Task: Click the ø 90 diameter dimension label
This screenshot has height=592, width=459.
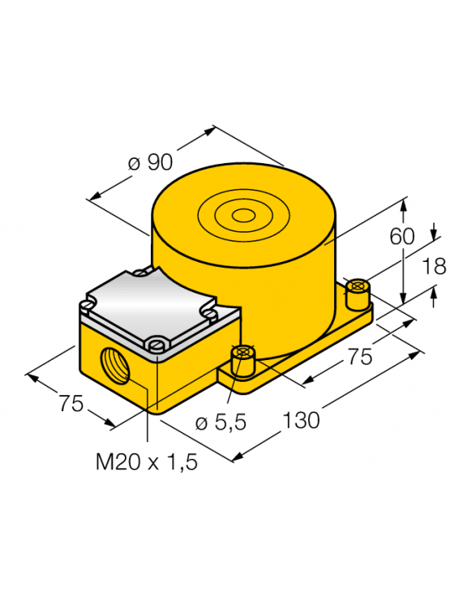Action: pyautogui.click(x=151, y=162)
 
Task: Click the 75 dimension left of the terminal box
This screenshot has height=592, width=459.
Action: pyautogui.click(x=71, y=403)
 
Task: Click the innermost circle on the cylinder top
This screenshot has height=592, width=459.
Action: pyautogui.click(x=242, y=216)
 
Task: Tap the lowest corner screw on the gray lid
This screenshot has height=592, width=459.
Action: pyautogui.click(x=157, y=346)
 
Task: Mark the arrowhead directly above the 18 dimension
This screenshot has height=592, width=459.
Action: pyautogui.click(x=435, y=232)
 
